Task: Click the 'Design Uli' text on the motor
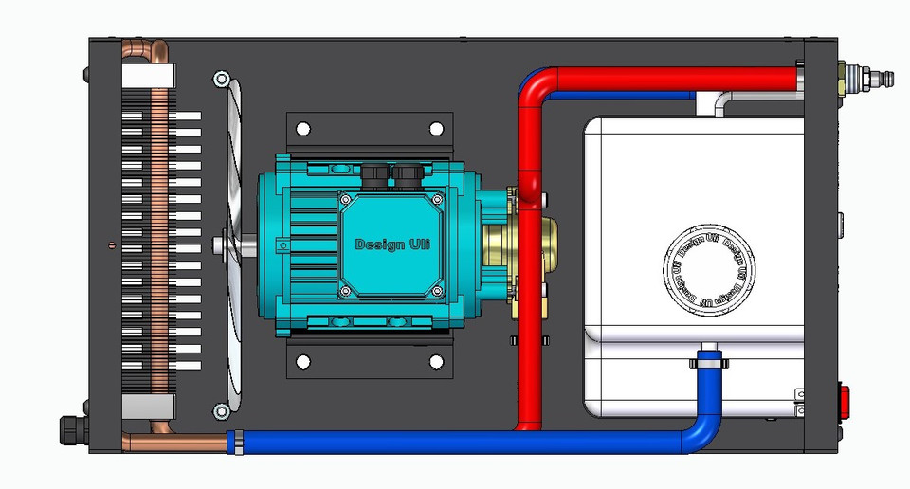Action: click(392, 244)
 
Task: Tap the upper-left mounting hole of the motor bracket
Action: click(304, 128)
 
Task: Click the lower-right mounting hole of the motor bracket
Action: click(436, 361)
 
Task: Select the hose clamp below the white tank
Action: click(706, 360)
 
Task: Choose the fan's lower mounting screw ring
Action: click(221, 410)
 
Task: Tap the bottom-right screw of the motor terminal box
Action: click(438, 290)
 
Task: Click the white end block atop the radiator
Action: click(147, 76)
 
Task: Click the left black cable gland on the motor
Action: click(371, 173)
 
